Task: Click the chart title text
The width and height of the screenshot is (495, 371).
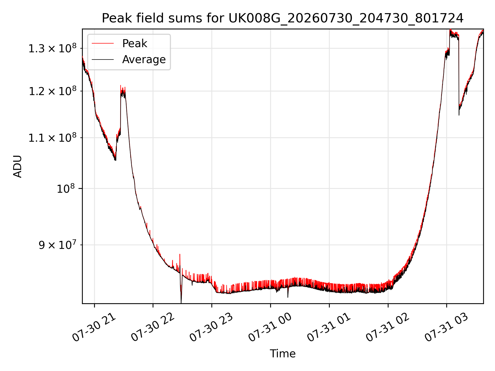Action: [283, 18]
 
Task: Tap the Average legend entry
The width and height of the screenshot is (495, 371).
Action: [144, 60]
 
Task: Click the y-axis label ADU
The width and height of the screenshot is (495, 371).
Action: [18, 166]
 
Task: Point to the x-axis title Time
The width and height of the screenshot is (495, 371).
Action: [283, 353]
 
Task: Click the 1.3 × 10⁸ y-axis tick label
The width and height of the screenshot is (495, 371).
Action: [52, 48]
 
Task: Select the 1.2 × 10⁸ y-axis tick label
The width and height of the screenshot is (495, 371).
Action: [52, 91]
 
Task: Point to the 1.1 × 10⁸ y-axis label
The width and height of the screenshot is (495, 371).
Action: [52, 138]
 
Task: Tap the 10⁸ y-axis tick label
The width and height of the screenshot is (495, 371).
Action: [66, 189]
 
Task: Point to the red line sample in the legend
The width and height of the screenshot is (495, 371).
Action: [103, 44]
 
